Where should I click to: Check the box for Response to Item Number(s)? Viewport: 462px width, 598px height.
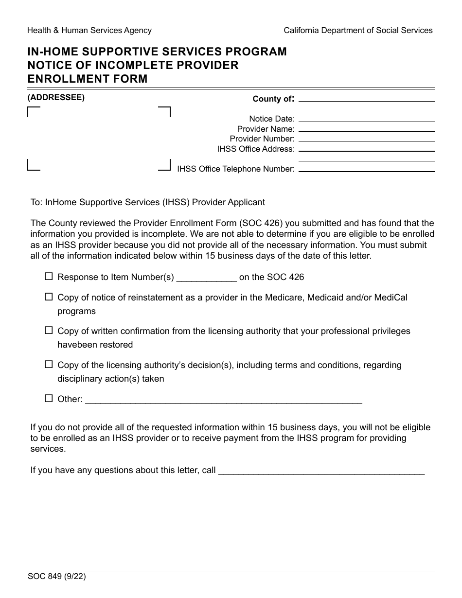coord(49,276)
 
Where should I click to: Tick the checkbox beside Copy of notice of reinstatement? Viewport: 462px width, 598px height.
coord(49,296)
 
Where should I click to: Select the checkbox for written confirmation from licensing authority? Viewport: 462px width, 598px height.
coord(49,330)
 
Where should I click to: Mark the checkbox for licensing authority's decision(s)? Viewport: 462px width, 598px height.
coord(49,364)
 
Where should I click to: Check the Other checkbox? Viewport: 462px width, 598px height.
coord(49,398)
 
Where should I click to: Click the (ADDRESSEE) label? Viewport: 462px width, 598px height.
coord(56,97)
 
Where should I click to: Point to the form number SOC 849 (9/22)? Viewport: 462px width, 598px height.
coord(57,578)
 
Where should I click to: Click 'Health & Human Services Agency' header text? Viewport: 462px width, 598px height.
coord(89,31)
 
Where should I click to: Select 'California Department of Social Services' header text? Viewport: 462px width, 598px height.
coord(358,31)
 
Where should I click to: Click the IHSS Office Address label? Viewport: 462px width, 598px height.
coord(256,149)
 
